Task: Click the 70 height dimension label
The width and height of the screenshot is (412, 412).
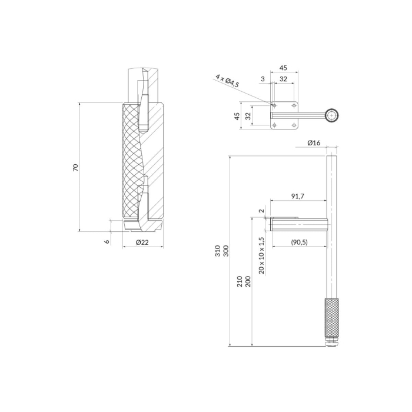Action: [75, 168]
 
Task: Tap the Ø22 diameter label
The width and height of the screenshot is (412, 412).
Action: [142, 242]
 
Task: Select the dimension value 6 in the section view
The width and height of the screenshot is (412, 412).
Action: [108, 240]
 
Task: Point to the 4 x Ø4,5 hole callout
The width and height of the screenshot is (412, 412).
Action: [228, 81]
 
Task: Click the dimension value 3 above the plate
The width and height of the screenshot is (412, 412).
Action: [263, 78]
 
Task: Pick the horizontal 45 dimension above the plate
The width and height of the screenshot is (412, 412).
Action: [284, 68]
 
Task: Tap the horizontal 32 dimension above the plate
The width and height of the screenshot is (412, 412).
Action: [284, 78]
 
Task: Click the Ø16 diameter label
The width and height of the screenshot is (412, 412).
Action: [314, 143]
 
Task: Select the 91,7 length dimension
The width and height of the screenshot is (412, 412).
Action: [298, 196]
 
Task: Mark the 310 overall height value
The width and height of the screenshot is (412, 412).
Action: [218, 251]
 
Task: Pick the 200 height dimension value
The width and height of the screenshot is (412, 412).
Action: [248, 281]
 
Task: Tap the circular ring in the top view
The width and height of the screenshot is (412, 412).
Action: [333, 116]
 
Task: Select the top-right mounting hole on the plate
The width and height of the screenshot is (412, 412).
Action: [294, 105]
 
